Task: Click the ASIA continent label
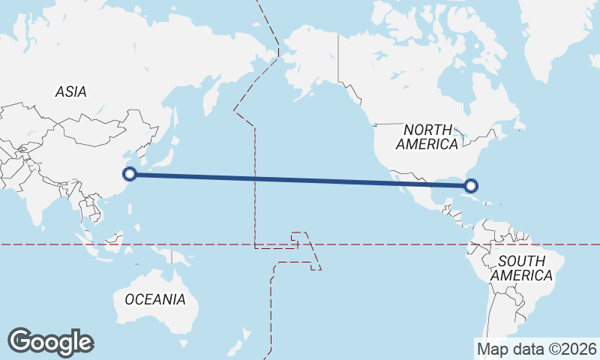[x=70, y=91]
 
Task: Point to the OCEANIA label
[x=154, y=299]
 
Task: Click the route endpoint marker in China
[x=129, y=174]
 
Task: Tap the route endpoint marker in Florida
[x=471, y=184]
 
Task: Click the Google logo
[x=50, y=342]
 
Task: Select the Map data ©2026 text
[x=537, y=349]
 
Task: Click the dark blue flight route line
[x=300, y=179]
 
